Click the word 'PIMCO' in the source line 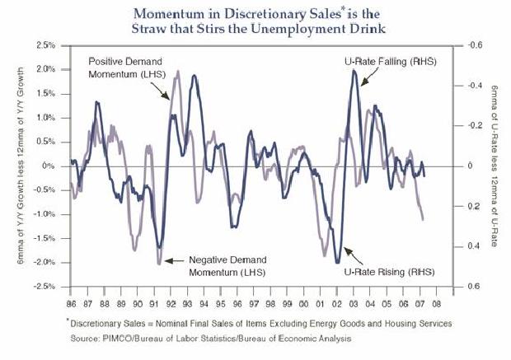(124, 339)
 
